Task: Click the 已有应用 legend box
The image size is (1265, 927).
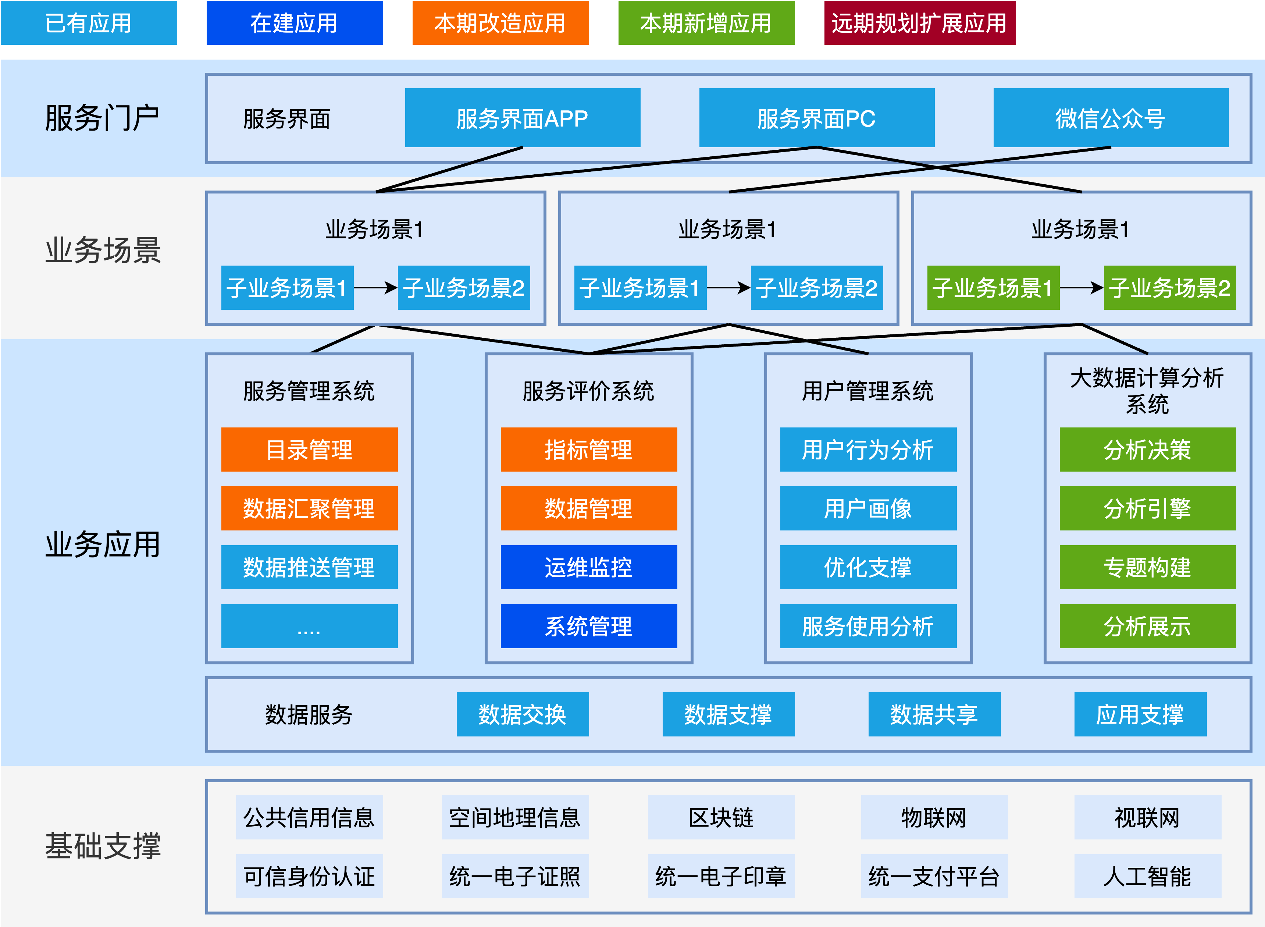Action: [89, 23]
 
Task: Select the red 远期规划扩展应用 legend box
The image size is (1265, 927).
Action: [919, 23]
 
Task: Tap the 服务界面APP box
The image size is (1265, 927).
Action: [522, 118]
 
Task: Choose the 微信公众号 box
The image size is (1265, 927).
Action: [1111, 118]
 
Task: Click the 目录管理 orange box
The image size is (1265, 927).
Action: [309, 450]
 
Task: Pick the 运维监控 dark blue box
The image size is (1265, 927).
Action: [588, 567]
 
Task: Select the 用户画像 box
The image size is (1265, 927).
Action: [868, 508]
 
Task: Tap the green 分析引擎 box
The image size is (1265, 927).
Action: [1147, 508]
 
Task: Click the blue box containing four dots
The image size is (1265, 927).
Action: [309, 626]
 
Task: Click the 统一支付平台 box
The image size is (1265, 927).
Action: [934, 876]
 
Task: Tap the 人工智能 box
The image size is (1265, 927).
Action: [1147, 876]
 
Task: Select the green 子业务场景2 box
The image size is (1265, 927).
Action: [1170, 287]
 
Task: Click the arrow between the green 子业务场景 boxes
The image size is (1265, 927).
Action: [1081, 287]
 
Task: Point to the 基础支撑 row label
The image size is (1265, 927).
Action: [103, 846]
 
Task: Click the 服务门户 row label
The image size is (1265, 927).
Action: [103, 118]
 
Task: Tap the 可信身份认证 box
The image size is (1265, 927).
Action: [309, 876]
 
